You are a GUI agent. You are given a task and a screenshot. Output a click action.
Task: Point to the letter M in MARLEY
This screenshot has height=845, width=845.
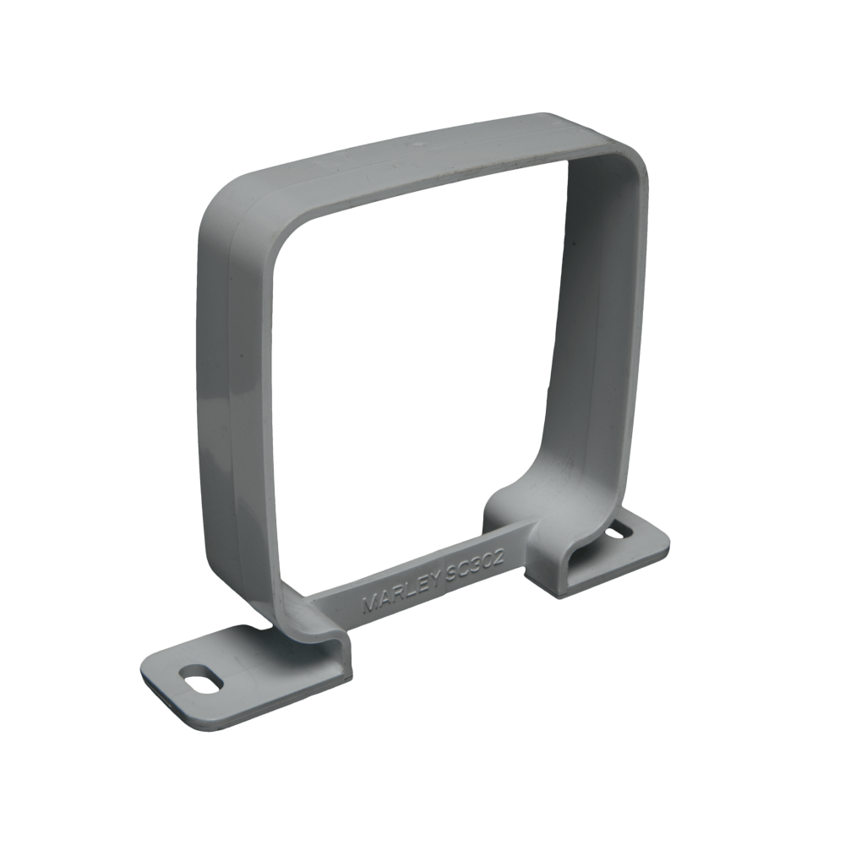click(368, 606)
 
